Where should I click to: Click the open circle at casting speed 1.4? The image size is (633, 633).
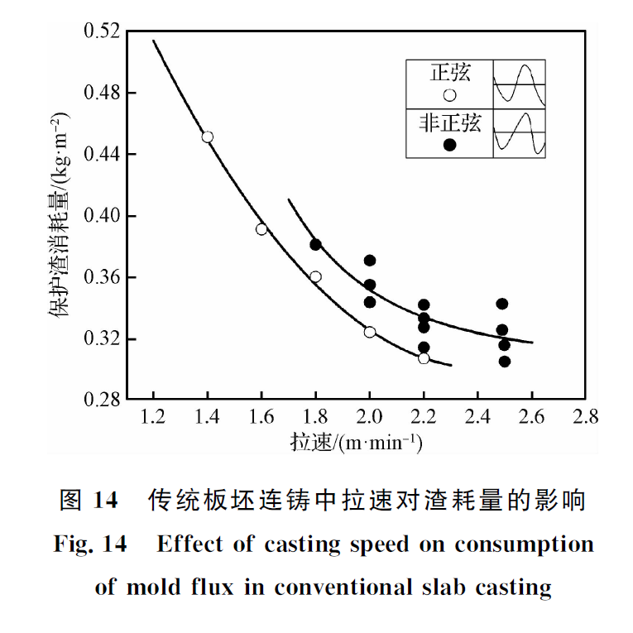point(208,137)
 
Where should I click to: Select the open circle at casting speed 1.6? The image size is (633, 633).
point(261,229)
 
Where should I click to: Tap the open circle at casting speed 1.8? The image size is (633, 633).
point(315,276)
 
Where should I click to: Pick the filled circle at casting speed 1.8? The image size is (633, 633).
point(315,244)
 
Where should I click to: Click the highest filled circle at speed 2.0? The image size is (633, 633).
point(370,261)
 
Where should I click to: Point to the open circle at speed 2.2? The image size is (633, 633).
point(424,358)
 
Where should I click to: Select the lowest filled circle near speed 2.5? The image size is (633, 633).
point(505,361)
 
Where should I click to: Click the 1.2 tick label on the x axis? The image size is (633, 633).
point(154,416)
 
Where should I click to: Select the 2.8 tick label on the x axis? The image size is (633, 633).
point(586,416)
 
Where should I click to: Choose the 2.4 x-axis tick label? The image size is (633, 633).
point(477,416)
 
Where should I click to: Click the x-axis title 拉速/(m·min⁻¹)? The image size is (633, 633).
point(357,443)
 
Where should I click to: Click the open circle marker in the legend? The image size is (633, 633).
point(450,94)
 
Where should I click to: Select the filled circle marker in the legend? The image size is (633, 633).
point(450,145)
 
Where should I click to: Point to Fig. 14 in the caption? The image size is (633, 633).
point(90,544)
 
